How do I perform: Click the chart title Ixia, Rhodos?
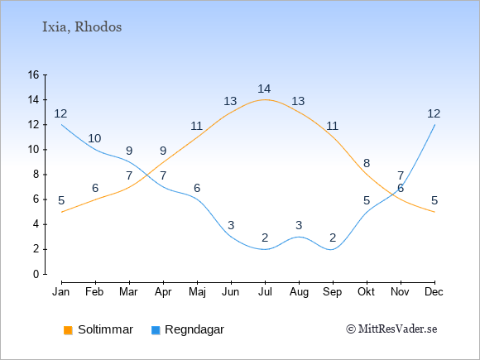tap(82, 27)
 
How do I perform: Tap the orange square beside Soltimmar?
tap(68, 330)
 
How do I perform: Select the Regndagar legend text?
tap(194, 329)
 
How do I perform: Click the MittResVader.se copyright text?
tap(391, 329)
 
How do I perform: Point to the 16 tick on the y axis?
tap(33, 74)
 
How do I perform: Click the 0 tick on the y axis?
tap(36, 274)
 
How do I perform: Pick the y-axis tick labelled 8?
tap(36, 175)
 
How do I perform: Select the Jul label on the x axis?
tap(265, 292)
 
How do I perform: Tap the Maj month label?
tap(197, 292)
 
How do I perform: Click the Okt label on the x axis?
tap(366, 292)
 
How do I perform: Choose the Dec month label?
tap(434, 292)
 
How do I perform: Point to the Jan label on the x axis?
tap(61, 292)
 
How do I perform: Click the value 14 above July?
tap(264, 89)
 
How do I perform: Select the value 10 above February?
tap(94, 138)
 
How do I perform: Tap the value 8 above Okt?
tap(367, 163)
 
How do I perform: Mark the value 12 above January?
tap(60, 113)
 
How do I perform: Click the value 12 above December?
tap(434, 113)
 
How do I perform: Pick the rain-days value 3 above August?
tap(299, 225)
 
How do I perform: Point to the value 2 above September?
tap(333, 238)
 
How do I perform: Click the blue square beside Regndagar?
tap(156, 330)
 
